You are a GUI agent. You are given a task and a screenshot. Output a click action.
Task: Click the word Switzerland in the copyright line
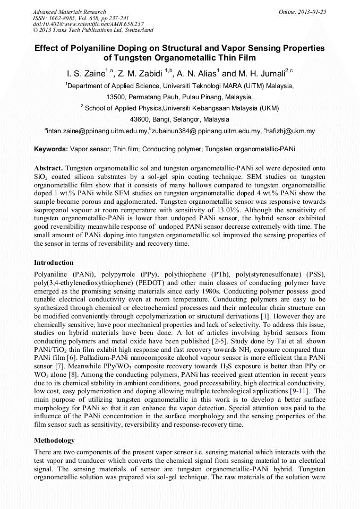(135, 30)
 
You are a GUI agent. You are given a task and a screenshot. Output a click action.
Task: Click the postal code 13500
(117, 97)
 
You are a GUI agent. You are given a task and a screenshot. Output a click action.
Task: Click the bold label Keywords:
(50, 149)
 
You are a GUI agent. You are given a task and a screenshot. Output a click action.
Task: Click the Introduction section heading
(54, 262)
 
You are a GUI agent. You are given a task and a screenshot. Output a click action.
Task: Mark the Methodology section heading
(54, 440)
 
